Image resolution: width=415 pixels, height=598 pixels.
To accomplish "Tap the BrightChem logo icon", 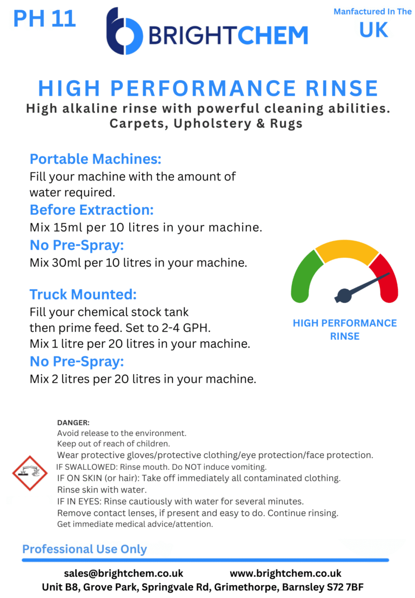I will click(x=124, y=31).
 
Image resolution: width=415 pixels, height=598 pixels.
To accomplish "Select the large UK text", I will click(x=374, y=30).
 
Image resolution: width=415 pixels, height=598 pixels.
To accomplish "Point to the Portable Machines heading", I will click(x=96, y=159).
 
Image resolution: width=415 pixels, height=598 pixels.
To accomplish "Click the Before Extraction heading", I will click(x=91, y=209).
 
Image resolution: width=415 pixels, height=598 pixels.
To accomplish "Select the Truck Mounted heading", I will click(x=83, y=295).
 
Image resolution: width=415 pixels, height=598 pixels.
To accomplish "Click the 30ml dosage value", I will click(x=65, y=263).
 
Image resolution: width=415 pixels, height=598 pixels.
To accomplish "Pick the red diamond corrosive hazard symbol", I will click(x=30, y=473).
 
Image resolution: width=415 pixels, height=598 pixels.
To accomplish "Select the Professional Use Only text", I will click(x=84, y=549).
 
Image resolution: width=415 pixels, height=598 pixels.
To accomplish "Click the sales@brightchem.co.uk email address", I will click(x=123, y=573).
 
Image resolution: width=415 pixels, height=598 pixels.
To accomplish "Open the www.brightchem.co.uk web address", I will click(x=285, y=573).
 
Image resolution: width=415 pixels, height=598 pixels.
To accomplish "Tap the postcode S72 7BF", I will click(x=353, y=587).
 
